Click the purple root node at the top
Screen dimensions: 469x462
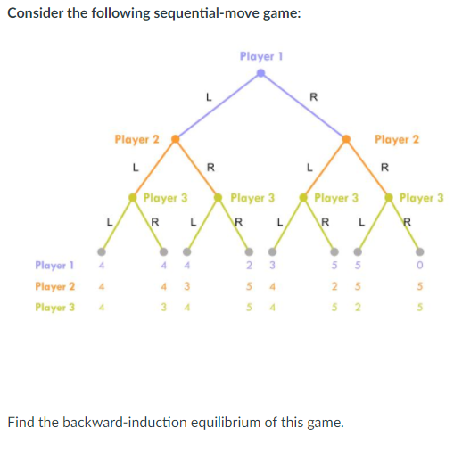260,74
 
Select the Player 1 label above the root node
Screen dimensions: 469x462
260,56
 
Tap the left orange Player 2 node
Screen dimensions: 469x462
176,139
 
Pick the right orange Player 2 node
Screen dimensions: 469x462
347,139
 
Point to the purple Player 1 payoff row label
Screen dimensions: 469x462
54,266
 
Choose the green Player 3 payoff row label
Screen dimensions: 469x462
54,307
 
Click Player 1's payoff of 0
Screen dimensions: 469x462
418,266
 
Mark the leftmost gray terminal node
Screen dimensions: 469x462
103,250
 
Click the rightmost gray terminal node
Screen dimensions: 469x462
418,250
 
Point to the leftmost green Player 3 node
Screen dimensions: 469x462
139,197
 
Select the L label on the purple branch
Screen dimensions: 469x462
207,96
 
